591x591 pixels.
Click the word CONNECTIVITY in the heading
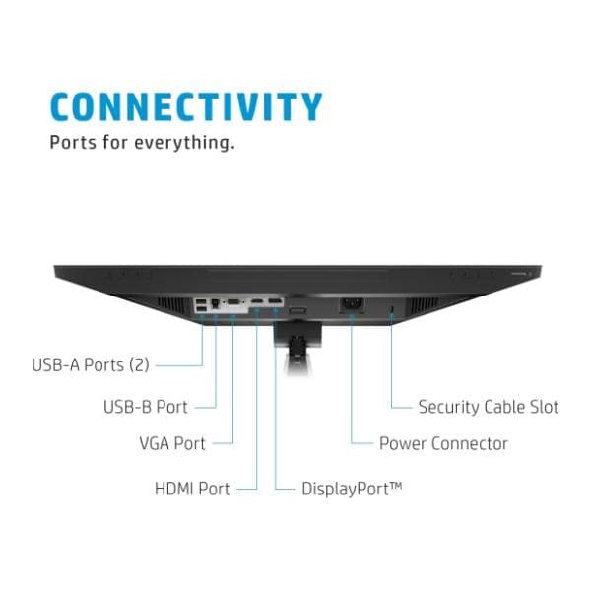pyautogui.click(x=185, y=106)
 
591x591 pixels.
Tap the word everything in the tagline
pyautogui.click(x=186, y=143)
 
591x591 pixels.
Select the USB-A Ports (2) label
pyautogui.click(x=90, y=365)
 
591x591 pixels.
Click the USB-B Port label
pyautogui.click(x=145, y=405)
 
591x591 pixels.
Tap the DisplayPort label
pyautogui.click(x=345, y=487)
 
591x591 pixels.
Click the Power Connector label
pyautogui.click(x=443, y=444)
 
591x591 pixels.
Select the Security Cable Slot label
pyautogui.click(x=488, y=406)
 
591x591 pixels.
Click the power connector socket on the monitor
pyautogui.click(x=352, y=306)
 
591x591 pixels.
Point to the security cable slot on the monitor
pyautogui.click(x=392, y=310)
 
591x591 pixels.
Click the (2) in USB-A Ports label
pyautogui.click(x=139, y=365)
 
